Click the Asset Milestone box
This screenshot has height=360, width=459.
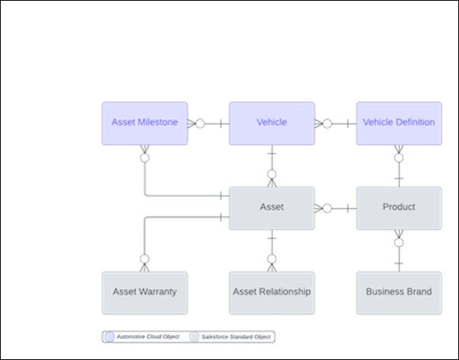[x=144, y=123]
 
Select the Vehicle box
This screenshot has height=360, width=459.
[x=271, y=123]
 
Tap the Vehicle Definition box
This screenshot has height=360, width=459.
[x=399, y=123]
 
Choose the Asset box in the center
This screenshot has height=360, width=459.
[x=271, y=207]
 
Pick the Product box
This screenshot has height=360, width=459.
[x=399, y=207]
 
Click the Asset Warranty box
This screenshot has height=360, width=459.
[x=144, y=292]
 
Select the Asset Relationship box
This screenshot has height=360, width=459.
[x=271, y=292]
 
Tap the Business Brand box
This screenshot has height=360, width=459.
[x=399, y=292]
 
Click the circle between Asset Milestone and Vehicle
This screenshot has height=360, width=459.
[x=200, y=123]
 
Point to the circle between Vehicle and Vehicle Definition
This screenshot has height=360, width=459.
[x=327, y=123]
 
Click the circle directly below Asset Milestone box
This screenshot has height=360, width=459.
[x=144, y=158]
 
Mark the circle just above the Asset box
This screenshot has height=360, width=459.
[x=271, y=175]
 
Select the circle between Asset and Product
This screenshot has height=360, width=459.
[x=327, y=207]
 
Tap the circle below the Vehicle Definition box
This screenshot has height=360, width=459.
[x=399, y=158]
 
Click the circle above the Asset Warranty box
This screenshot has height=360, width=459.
[x=144, y=259]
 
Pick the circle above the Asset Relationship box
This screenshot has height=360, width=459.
[x=271, y=259]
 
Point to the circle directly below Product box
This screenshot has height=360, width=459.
[x=399, y=243]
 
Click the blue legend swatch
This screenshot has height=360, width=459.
[x=110, y=336]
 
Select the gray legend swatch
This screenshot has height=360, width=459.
[x=194, y=336]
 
